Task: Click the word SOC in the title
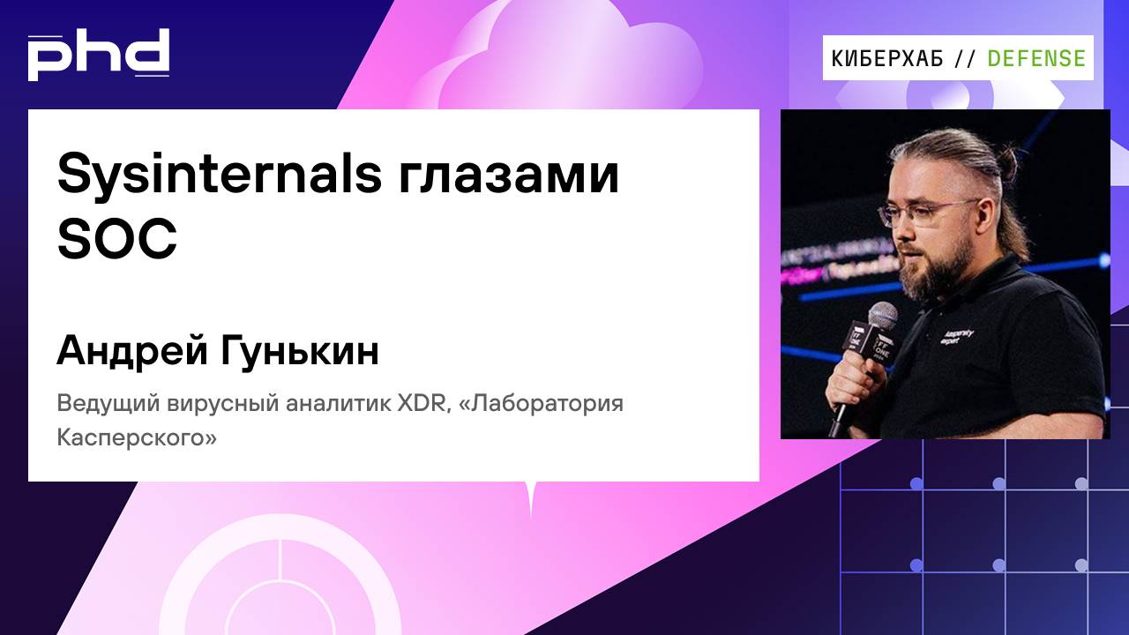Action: pyautogui.click(x=117, y=239)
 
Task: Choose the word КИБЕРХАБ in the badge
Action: pyautogui.click(x=887, y=58)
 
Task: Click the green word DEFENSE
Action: pyautogui.click(x=1036, y=58)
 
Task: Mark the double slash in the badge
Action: pyautogui.click(x=966, y=58)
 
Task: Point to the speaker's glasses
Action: pyautogui.click(x=931, y=213)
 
